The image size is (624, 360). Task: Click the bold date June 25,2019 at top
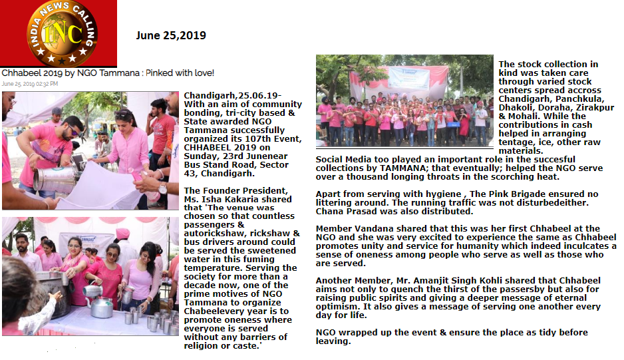[x=171, y=36]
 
